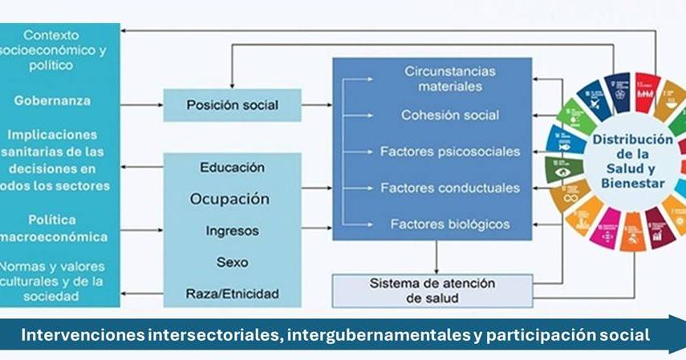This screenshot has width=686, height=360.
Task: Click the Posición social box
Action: point(232,105)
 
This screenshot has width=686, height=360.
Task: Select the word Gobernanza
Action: point(51,101)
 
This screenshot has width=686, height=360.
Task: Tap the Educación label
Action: point(232,168)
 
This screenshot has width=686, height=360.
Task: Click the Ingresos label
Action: point(232,230)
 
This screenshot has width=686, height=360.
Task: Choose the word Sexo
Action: point(232,262)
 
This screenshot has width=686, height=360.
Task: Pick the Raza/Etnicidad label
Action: point(232,293)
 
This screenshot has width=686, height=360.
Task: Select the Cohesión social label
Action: point(449,115)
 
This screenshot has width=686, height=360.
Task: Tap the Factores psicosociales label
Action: point(449,152)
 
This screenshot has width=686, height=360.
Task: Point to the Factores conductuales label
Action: point(449,188)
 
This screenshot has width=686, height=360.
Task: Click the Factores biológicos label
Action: point(449,224)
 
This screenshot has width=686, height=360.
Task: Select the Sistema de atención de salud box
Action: point(432,291)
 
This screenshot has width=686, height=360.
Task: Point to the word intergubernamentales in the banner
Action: point(376,335)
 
